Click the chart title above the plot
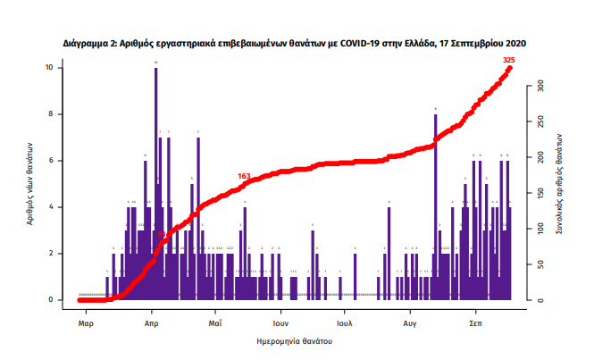pos(294,42)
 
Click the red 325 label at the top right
pos(509,60)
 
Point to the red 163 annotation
pos(244,176)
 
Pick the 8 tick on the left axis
pos(60,114)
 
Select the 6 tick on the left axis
pos(60,161)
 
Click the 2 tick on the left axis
pos(60,254)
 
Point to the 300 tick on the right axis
pos(540,87)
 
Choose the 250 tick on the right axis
pos(540,122)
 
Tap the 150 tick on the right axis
pos(540,193)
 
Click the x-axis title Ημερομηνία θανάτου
pos(294,340)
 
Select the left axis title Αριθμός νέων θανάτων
pos(30,183)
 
